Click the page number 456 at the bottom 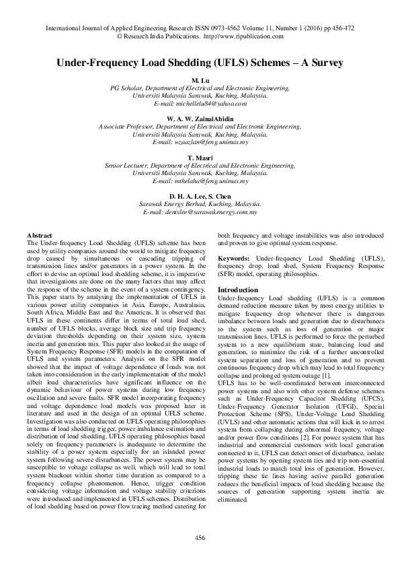[x=200, y=537]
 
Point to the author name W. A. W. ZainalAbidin [x=200, y=118]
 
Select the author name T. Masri [x=200, y=156]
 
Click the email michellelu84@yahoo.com [x=200, y=103]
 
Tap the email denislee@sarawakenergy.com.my [x=200, y=211]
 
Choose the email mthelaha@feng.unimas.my [x=200, y=181]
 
